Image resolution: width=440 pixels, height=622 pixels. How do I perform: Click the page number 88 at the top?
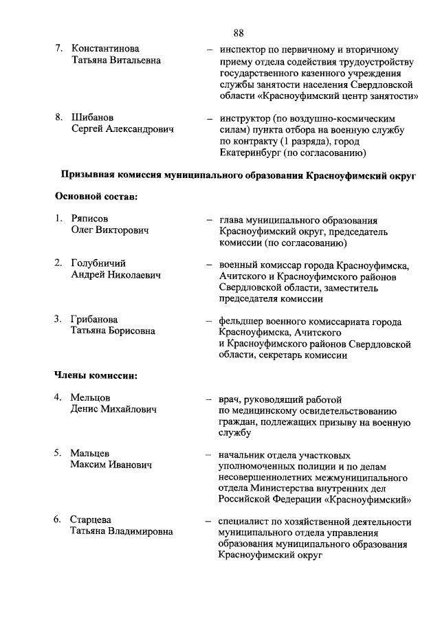239,33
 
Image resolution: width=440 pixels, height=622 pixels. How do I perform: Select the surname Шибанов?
93,118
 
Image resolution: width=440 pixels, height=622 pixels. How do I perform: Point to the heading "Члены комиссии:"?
96,375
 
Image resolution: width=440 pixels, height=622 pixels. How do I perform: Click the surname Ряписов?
91,219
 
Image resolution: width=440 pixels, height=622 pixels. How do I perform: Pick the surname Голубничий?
98,264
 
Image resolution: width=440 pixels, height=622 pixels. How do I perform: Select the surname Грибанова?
94,320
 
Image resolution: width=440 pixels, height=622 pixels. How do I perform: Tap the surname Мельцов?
90,398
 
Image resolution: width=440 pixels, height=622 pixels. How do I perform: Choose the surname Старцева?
91,520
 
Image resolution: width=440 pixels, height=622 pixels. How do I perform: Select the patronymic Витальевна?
131,60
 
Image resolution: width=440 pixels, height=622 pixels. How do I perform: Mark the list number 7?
59,49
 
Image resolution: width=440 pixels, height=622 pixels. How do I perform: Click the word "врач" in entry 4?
230,399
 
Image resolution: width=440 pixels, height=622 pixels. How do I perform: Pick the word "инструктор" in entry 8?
246,118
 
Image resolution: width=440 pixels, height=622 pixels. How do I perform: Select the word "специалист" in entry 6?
245,520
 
